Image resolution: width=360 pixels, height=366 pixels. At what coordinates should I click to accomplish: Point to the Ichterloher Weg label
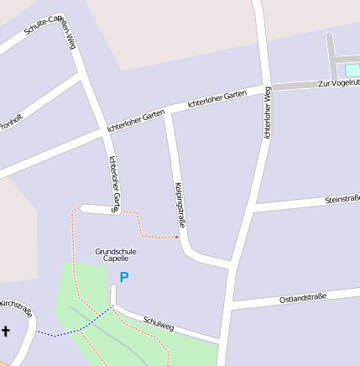click(268, 112)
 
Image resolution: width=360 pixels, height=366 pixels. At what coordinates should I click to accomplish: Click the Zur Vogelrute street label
click(338, 82)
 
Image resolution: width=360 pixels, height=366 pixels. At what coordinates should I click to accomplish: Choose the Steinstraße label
click(342, 199)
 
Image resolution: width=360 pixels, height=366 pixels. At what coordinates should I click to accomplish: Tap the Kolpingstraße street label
click(179, 204)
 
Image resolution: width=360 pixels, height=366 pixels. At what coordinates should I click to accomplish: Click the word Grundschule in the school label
click(116, 251)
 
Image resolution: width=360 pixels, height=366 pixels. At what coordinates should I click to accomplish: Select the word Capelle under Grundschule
click(116, 259)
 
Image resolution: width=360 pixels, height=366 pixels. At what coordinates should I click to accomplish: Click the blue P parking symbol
click(124, 277)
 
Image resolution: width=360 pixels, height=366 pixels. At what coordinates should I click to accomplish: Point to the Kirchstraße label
click(17, 308)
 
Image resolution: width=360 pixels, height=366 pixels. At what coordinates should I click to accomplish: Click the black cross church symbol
click(6, 332)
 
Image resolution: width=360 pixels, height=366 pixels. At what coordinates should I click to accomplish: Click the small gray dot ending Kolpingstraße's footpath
click(177, 237)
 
